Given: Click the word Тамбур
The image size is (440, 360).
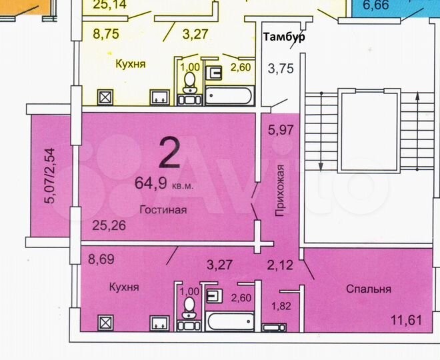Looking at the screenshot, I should coord(285,37).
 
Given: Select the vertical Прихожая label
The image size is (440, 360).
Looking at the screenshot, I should coord(281,189).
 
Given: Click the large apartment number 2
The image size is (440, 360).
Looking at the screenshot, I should coord(170,153).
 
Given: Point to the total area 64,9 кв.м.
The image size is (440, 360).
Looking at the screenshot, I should coord(164,184).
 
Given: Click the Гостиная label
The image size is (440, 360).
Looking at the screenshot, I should coord(163,209).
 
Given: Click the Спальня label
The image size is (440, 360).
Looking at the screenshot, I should coord(368,289).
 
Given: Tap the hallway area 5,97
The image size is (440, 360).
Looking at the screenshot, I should coord(281,131).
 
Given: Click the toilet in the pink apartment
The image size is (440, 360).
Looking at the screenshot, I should coord(189,309).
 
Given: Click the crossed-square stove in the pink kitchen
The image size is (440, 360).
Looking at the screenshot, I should coord(105,322).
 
